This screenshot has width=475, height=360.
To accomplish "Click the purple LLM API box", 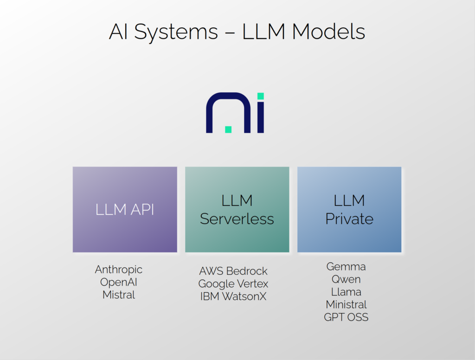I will click(125, 210).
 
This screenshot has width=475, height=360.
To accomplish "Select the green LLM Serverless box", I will click(237, 210).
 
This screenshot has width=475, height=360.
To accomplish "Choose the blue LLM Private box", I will click(349, 210).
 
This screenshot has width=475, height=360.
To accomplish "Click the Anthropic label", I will click(119, 270).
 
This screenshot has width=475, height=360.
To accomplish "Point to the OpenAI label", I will click(119, 282).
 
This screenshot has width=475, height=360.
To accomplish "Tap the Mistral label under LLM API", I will click(119, 295).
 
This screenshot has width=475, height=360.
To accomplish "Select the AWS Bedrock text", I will click(233, 271).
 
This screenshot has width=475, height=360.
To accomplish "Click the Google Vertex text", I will click(233, 283).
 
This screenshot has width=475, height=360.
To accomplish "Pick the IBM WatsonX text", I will click(233, 296).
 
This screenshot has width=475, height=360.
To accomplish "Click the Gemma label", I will click(346, 267).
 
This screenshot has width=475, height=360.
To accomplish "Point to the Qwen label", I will click(346, 279).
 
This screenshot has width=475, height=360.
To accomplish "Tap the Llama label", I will click(346, 292).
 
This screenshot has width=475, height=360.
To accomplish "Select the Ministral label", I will click(346, 304).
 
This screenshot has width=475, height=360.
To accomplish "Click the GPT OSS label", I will click(346, 317).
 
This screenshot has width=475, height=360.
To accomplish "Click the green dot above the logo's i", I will click(261, 96).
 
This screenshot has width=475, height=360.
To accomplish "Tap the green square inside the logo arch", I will click(228, 129).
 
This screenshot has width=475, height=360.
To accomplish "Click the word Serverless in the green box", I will click(237, 219).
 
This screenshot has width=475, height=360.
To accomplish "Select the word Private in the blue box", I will click(349, 219).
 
